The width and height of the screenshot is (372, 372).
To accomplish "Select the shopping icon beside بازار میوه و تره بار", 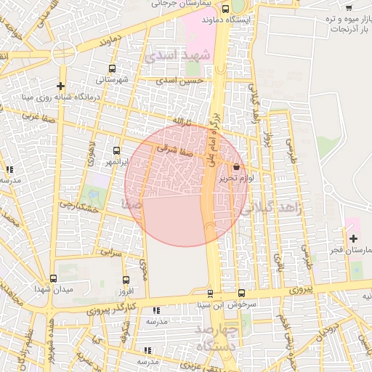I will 349,7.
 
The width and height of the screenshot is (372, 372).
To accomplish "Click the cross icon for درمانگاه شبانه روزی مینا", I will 61,86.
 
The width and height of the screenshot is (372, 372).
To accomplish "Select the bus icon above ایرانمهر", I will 115,151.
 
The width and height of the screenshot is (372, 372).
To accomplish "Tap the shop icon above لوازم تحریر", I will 236,166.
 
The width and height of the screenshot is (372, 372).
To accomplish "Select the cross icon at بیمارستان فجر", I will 353,239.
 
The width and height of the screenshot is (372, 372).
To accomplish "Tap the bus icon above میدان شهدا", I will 52,278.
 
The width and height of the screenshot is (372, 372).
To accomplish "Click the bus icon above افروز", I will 126,280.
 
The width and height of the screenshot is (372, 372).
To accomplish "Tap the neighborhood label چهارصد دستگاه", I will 218,339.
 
